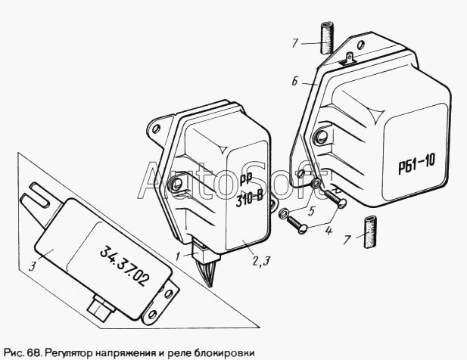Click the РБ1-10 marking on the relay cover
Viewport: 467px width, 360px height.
point(417,163)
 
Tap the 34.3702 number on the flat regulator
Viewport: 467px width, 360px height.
point(124,266)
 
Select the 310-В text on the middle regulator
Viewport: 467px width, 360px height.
point(250,200)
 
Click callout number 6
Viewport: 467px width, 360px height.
point(294,81)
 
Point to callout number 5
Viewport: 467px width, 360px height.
point(312,211)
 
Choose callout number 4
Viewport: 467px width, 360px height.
point(328,230)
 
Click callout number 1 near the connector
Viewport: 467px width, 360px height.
point(178,256)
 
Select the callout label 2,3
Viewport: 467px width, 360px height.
point(261,261)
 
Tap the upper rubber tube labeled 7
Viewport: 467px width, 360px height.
point(327,38)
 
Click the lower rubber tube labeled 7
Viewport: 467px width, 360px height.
point(370,232)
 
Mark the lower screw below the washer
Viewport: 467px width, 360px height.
point(297,225)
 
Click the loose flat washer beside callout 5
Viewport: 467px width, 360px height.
point(283,213)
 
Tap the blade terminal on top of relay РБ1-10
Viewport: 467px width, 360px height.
point(350,58)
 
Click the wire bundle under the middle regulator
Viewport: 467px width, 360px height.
point(207,271)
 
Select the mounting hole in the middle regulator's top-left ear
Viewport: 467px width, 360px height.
point(155,129)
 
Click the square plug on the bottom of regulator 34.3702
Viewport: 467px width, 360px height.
point(101,308)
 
